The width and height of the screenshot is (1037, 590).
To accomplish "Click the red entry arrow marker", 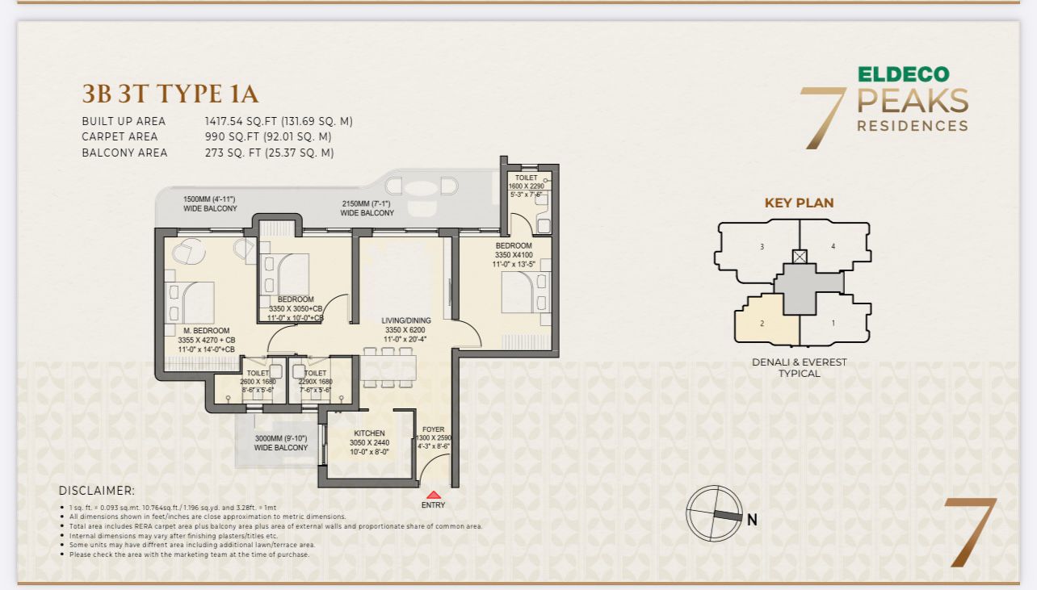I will [x=434, y=495].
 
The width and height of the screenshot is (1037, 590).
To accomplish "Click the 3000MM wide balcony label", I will [x=280, y=442].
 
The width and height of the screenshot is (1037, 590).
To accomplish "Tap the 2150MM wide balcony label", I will [x=367, y=207].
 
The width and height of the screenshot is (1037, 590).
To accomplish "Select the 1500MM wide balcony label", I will [x=210, y=203].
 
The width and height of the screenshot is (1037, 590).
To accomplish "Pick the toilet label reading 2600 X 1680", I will [x=258, y=382].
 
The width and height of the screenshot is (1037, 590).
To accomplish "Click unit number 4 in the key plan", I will [x=833, y=246].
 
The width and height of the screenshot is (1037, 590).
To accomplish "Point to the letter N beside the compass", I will [x=752, y=521].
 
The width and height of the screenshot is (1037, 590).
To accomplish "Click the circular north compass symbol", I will [x=714, y=513].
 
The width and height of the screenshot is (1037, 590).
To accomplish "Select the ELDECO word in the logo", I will [x=903, y=74].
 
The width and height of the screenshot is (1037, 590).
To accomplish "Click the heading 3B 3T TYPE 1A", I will [x=170, y=94].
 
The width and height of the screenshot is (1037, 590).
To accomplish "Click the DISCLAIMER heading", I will [x=97, y=491].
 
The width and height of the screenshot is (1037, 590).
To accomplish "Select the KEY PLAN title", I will [x=799, y=203].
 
